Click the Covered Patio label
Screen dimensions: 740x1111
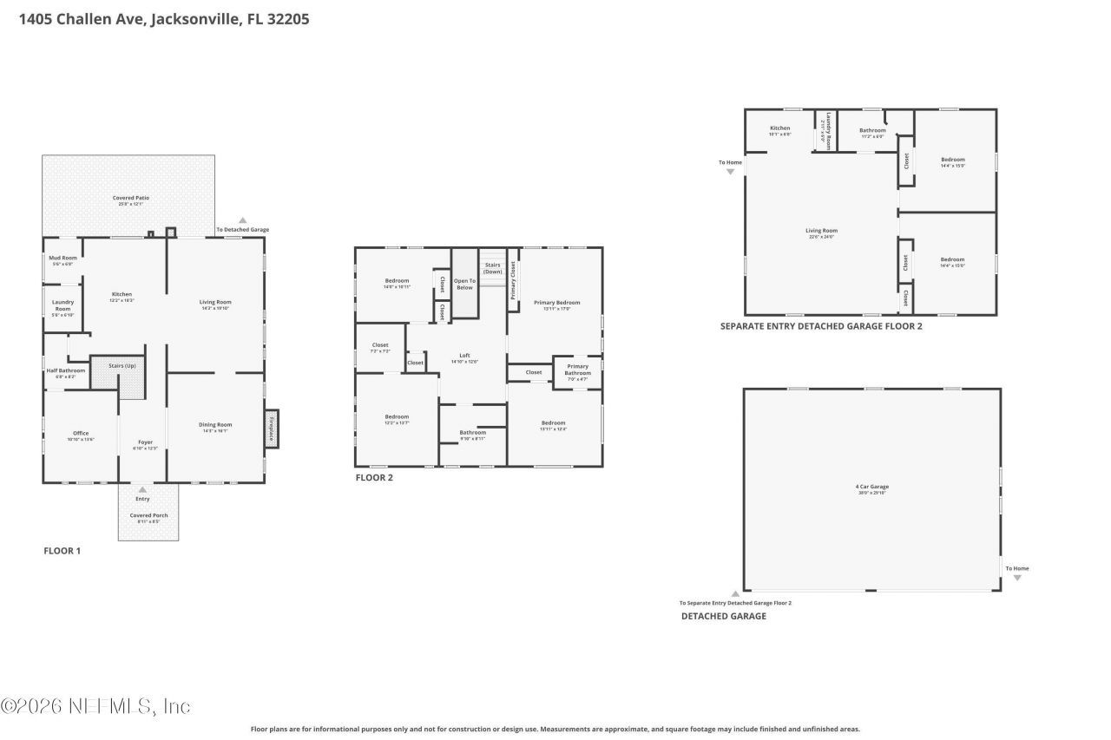130,198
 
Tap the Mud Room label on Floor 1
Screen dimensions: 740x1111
62,258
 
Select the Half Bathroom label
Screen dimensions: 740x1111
66,370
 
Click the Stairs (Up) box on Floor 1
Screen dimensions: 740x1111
122,367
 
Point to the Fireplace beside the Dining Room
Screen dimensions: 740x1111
272,428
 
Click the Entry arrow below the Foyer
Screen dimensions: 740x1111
142,490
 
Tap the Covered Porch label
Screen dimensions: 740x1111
148,515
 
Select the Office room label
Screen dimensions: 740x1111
81,433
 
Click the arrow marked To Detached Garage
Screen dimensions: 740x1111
243,221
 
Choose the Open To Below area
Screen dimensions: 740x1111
464,284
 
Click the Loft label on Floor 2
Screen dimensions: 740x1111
464,355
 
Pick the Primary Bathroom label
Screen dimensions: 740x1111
577,370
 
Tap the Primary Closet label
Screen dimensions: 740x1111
513,279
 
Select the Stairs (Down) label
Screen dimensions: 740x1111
492,268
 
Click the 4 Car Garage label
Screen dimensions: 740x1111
871,487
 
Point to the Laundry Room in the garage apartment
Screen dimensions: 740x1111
829,130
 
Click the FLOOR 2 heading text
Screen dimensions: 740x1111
374,477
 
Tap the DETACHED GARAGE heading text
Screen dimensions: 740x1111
723,616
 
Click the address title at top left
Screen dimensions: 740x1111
164,18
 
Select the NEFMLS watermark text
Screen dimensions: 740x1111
95,707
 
